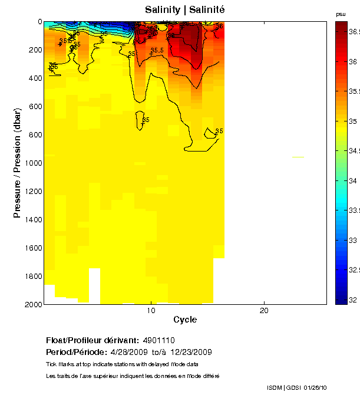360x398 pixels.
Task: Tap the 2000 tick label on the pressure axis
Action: [x=32, y=304]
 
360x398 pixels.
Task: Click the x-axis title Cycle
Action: [x=184, y=320]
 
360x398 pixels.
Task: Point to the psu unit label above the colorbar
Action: [x=341, y=14]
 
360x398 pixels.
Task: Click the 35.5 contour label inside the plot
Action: [x=157, y=51]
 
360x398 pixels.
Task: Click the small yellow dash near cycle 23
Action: [x=298, y=157]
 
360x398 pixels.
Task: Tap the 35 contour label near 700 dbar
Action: [x=146, y=120]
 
